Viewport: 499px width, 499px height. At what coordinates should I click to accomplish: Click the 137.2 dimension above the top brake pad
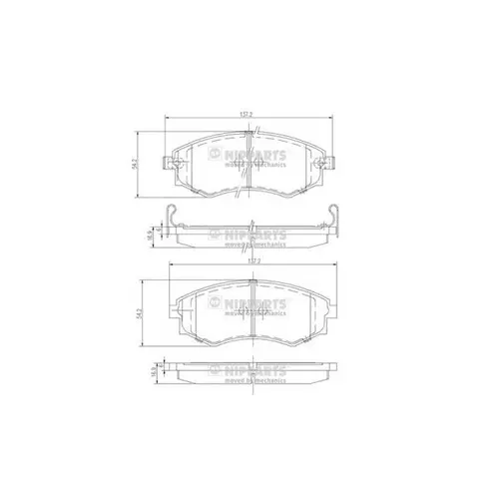[x=245, y=114]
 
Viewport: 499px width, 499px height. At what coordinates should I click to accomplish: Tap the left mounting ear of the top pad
[x=170, y=161]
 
